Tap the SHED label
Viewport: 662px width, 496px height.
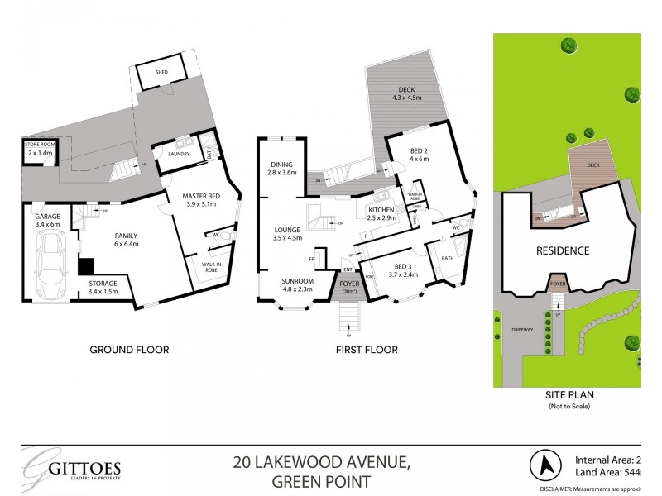tap(162, 73)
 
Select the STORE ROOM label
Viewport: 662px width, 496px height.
tap(39, 149)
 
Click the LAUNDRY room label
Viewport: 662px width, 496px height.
tap(179, 154)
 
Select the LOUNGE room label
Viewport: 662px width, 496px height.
tap(290, 233)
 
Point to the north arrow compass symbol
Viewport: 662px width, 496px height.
tap(547, 465)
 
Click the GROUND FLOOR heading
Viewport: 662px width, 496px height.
tap(129, 350)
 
